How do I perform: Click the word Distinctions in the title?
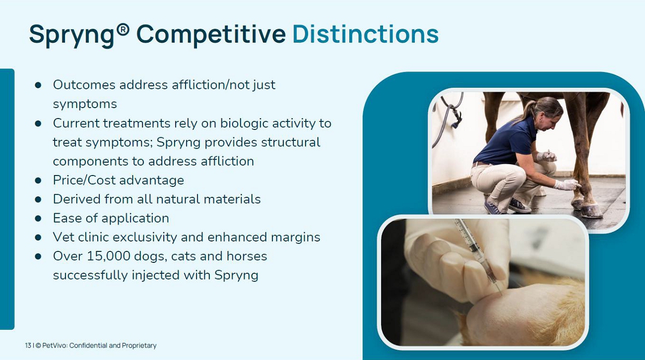point(365,34)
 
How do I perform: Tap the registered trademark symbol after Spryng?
point(124,29)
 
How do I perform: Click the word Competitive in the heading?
point(211,35)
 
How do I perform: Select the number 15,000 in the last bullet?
point(109,256)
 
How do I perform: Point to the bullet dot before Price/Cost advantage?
point(38,180)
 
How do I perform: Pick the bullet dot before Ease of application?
point(38,218)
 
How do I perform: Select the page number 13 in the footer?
point(28,345)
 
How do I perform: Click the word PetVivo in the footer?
point(55,345)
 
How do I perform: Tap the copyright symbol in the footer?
point(38,345)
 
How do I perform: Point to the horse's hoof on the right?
point(591,211)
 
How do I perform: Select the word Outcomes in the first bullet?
point(84,85)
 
